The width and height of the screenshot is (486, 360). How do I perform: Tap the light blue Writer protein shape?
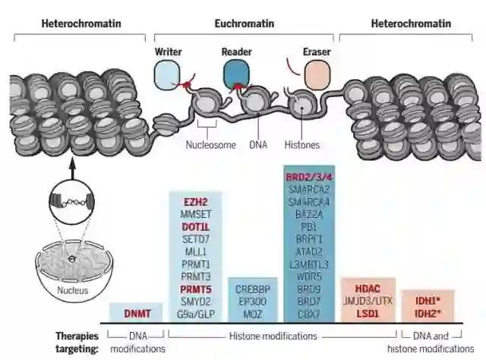tap(166, 74)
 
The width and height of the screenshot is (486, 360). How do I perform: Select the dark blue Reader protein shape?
tap(235, 74)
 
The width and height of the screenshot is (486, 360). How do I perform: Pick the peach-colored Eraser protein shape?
tap(314, 76)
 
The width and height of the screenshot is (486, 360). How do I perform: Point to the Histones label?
tap(303, 144)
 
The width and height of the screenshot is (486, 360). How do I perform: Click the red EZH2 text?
tap(195, 202)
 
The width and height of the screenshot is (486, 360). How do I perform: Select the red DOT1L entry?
tap(195, 226)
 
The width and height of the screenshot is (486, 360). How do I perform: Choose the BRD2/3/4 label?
tap(309, 176)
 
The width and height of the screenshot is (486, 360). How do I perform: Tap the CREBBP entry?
tap(251, 289)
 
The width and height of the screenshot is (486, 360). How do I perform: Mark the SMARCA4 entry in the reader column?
tap(309, 202)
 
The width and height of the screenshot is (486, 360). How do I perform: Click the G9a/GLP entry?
tap(195, 313)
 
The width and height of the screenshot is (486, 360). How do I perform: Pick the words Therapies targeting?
tap(76, 341)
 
